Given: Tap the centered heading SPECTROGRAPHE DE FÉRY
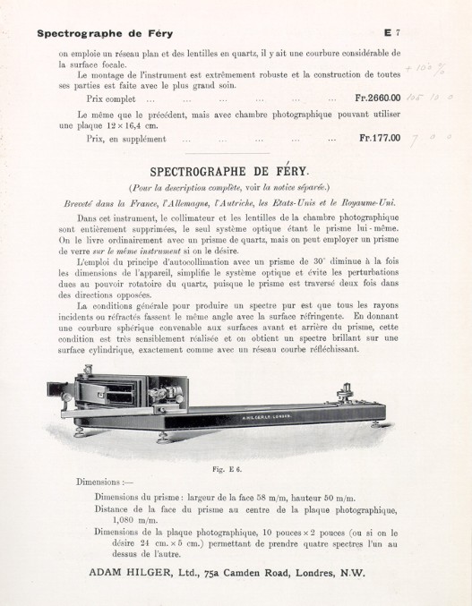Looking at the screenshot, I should coord(231,170).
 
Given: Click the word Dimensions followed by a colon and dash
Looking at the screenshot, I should coord(106,482).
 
